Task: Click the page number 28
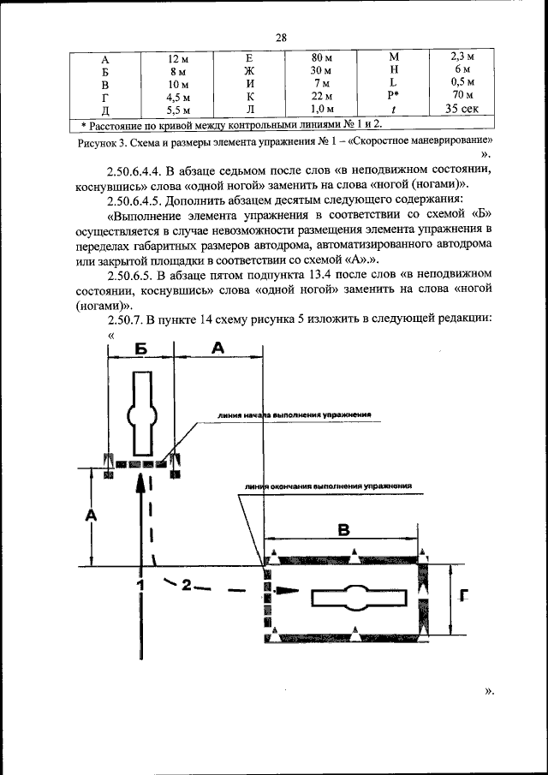(x=280, y=37)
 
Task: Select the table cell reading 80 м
(x=321, y=58)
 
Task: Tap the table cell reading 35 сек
(x=463, y=109)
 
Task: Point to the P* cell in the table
(x=394, y=96)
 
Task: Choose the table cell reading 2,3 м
(x=463, y=58)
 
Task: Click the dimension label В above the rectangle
(x=343, y=531)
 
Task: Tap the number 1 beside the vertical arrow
(x=140, y=585)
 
